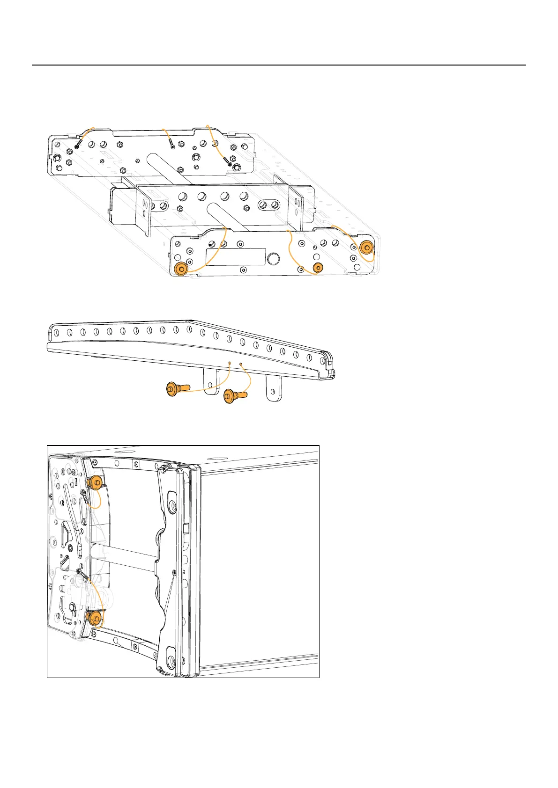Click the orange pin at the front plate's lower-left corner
pyautogui.click(x=180, y=269)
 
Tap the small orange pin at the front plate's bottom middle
pyautogui.click(x=318, y=268)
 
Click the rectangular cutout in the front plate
pyautogui.click(x=232, y=257)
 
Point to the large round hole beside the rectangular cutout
pyautogui.click(x=273, y=259)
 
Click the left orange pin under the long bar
pyautogui.click(x=177, y=389)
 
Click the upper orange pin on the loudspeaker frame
pyautogui.click(x=96, y=482)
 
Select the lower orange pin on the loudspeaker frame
pyautogui.click(x=95, y=617)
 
